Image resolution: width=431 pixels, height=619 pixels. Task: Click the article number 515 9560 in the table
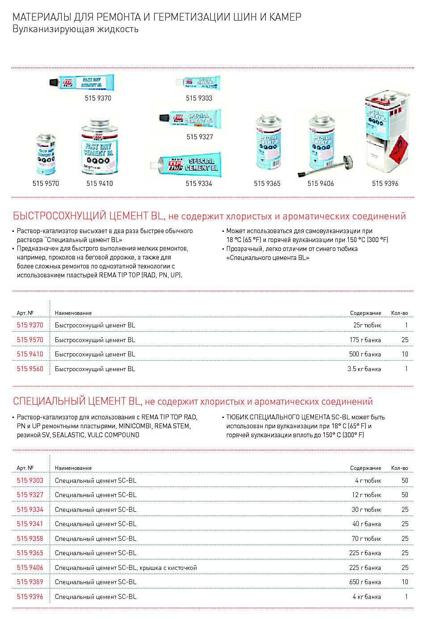[30, 369]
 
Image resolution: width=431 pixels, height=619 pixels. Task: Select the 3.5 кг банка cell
[364, 369]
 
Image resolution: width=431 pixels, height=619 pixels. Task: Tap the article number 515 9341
[30, 524]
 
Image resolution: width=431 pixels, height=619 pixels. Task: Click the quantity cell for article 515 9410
[405, 354]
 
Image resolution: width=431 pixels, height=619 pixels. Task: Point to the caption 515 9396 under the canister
[385, 184]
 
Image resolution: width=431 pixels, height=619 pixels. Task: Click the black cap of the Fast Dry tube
[54, 83]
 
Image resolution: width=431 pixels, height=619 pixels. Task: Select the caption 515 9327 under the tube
[200, 137]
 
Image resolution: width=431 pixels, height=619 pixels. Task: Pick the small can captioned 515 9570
[46, 154]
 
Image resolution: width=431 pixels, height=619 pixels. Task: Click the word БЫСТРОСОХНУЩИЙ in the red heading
[60, 216]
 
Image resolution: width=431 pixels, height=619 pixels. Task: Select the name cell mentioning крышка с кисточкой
[126, 568]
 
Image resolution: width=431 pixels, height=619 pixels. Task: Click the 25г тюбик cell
[367, 325]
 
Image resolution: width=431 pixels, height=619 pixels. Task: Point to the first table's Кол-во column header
[399, 313]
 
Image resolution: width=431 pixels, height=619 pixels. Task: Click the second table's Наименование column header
[73, 468]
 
